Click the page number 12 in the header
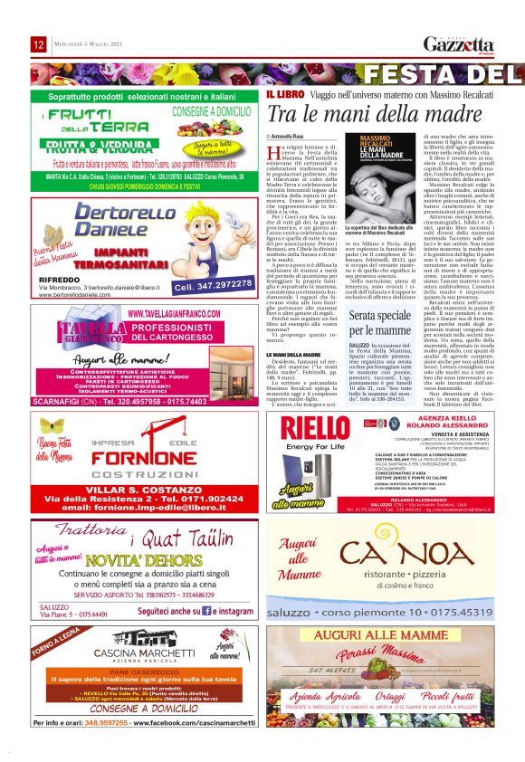pos(38,43)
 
